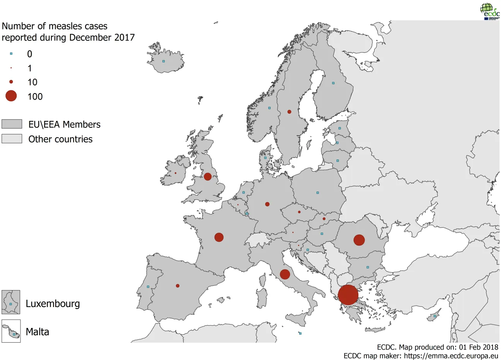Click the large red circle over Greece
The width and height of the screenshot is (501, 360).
pyautogui.click(x=348, y=295)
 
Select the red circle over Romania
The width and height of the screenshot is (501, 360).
pyautogui.click(x=359, y=240)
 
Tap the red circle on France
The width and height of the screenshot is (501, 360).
pyautogui.click(x=219, y=237)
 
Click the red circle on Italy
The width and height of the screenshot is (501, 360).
pyautogui.click(x=285, y=274)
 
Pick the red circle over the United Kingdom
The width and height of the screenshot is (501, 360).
pyautogui.click(x=208, y=177)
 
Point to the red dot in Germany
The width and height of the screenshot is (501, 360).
pyautogui.click(x=267, y=204)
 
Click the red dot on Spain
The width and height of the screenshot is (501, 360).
pyautogui.click(x=177, y=286)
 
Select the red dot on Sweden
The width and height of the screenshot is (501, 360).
pyautogui.click(x=289, y=112)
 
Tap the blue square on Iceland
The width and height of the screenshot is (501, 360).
pyautogui.click(x=164, y=61)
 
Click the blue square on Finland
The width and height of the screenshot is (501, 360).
pyautogui.click(x=333, y=83)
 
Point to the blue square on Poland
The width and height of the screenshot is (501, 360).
pyautogui.click(x=318, y=192)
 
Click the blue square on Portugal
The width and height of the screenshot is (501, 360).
pyautogui.click(x=148, y=287)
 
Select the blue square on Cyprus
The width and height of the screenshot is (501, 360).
pyautogui.click(x=435, y=316)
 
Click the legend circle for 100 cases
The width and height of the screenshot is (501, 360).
pyautogui.click(x=11, y=96)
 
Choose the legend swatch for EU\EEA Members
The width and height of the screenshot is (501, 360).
pyautogui.click(x=12, y=124)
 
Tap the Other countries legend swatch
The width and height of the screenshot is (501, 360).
pyautogui.click(x=12, y=139)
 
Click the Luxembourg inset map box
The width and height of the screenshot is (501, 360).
pyautogui.click(x=11, y=302)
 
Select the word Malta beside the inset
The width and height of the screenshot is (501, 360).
pyautogui.click(x=37, y=332)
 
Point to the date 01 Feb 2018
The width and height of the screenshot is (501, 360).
pyautogui.click(x=479, y=347)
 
